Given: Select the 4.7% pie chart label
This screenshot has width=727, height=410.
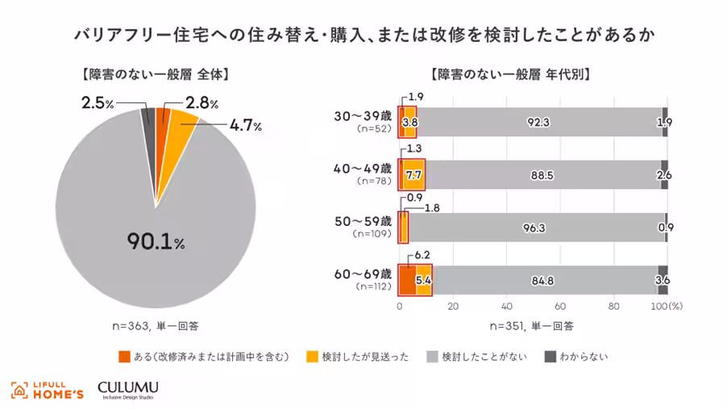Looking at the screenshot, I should click(246, 125).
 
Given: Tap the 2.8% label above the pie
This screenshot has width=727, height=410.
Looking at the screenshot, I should click(202, 102).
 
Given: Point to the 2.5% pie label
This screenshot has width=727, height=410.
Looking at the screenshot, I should click(98, 102).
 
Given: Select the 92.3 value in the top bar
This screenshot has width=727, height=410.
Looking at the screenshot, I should click(538, 123).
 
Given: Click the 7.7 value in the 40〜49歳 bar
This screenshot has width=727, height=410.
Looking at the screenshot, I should click(413, 175).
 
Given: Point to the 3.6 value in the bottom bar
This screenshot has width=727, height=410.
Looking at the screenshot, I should click(663, 280).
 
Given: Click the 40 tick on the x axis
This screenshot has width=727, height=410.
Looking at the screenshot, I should click(506, 307).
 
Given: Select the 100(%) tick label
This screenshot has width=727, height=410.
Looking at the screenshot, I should click(667, 307).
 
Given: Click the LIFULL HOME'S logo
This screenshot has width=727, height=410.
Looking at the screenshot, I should click(47, 389).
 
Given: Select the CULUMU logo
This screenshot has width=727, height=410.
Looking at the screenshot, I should click(127, 389).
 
